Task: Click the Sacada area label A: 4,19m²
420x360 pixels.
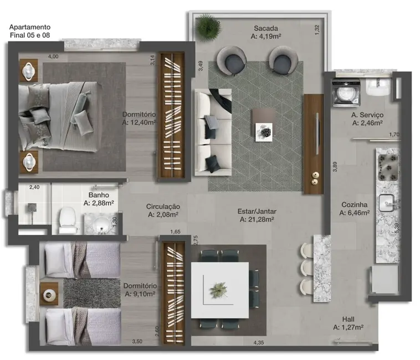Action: click(x=266, y=38)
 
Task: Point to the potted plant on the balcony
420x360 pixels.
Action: click(x=208, y=25)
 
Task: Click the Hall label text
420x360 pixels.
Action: click(x=348, y=320)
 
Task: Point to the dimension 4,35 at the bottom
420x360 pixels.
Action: click(x=258, y=343)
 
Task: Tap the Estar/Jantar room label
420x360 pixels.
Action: click(x=258, y=211)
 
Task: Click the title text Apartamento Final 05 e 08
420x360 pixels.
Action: click(x=30, y=31)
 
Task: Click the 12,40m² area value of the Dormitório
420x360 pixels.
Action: click(x=139, y=122)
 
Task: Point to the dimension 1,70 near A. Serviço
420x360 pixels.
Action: click(x=394, y=135)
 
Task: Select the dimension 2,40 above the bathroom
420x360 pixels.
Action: click(x=34, y=187)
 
